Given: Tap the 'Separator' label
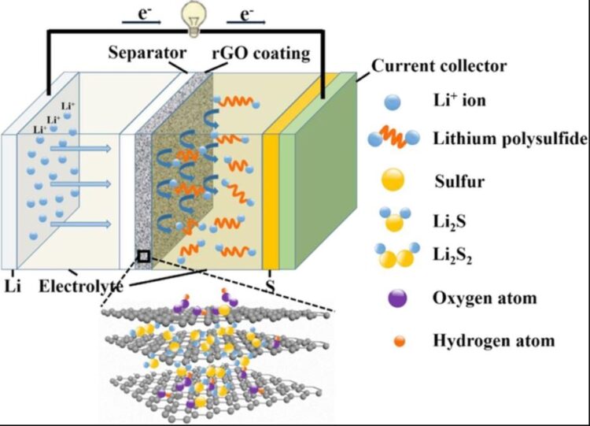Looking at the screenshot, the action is pos(147,53).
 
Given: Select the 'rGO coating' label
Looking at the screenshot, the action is pos(260,54).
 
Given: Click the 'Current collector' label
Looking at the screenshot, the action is pos(439,66).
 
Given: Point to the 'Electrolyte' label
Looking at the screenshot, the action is pos(81,287).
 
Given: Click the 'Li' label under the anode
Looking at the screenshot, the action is pos(13,287).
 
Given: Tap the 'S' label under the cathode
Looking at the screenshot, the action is pos(271,287).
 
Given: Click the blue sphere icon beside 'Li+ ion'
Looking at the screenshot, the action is pos(393,102).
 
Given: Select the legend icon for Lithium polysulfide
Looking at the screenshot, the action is pos(393,137).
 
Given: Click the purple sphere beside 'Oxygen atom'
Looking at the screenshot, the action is pos(397,298).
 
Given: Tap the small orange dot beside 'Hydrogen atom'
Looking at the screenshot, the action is pos(400,341).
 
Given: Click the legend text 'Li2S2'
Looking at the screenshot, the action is pos(452,256).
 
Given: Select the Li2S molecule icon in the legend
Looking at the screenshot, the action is pos(395,218).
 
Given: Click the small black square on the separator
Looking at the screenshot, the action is pos(144,257).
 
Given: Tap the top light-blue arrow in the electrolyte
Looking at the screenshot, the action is pos(81,148).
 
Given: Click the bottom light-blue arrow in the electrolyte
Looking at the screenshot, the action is pos(81,224).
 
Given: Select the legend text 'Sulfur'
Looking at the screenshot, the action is pos(459,182).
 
